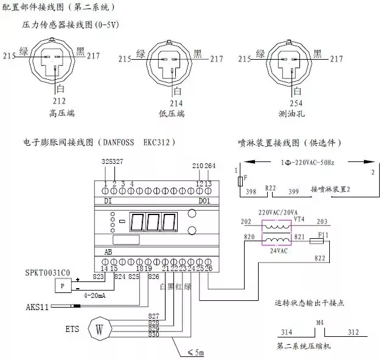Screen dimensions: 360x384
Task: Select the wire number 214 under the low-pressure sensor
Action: click(x=177, y=103)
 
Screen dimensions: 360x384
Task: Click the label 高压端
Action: click(x=60, y=113)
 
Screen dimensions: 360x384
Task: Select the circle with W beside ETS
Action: click(x=99, y=329)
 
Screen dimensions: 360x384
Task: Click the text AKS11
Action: click(x=38, y=306)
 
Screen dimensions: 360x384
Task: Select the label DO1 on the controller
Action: click(x=205, y=199)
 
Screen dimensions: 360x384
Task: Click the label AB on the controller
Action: click(x=108, y=250)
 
